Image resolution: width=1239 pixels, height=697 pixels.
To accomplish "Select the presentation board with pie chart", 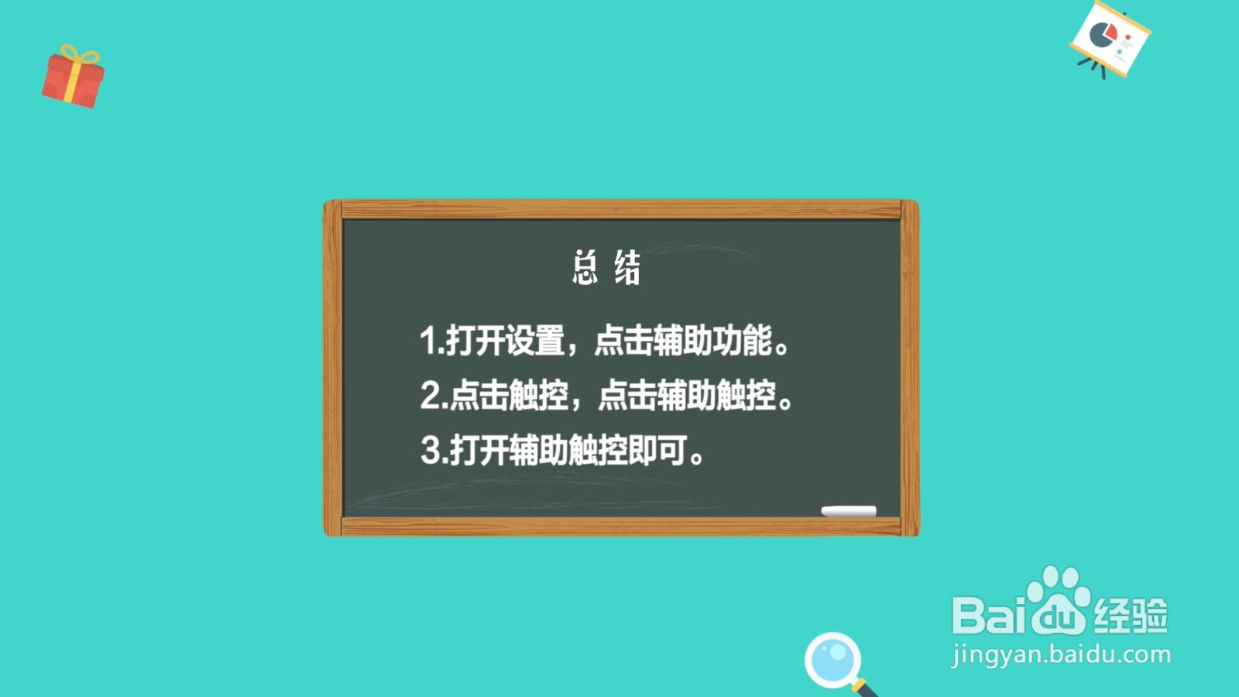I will click(1110, 39).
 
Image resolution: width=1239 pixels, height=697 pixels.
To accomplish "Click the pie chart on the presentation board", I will click(1102, 34).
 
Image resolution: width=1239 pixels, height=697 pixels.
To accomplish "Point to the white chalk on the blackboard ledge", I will click(849, 510).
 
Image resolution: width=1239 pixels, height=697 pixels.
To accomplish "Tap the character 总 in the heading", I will click(585, 268).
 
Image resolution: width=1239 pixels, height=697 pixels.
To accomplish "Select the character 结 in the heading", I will click(627, 268).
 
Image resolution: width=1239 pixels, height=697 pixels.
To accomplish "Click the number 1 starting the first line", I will click(427, 341).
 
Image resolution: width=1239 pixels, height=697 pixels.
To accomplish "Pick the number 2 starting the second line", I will click(430, 395).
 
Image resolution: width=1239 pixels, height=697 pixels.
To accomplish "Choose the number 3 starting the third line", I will click(430, 450).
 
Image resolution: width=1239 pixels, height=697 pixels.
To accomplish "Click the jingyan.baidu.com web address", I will click(1061, 654).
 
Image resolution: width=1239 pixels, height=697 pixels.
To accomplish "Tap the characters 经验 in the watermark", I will click(1130, 616).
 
